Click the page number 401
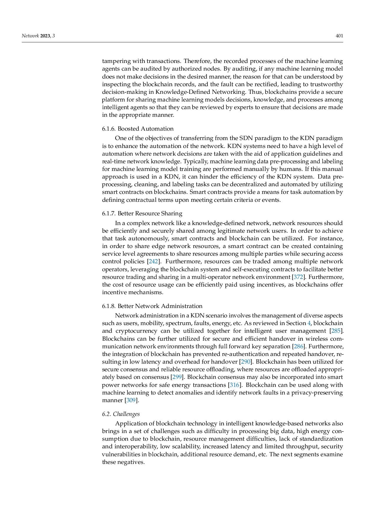339,36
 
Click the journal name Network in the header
30,36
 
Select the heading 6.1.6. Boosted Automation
138,129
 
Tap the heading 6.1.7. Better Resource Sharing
142,213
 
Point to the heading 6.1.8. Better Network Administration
152,306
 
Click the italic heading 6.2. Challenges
121,414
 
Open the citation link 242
153,262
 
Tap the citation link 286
299,346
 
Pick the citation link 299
177,377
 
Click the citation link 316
235,385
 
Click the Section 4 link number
309,323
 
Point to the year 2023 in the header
45,36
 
